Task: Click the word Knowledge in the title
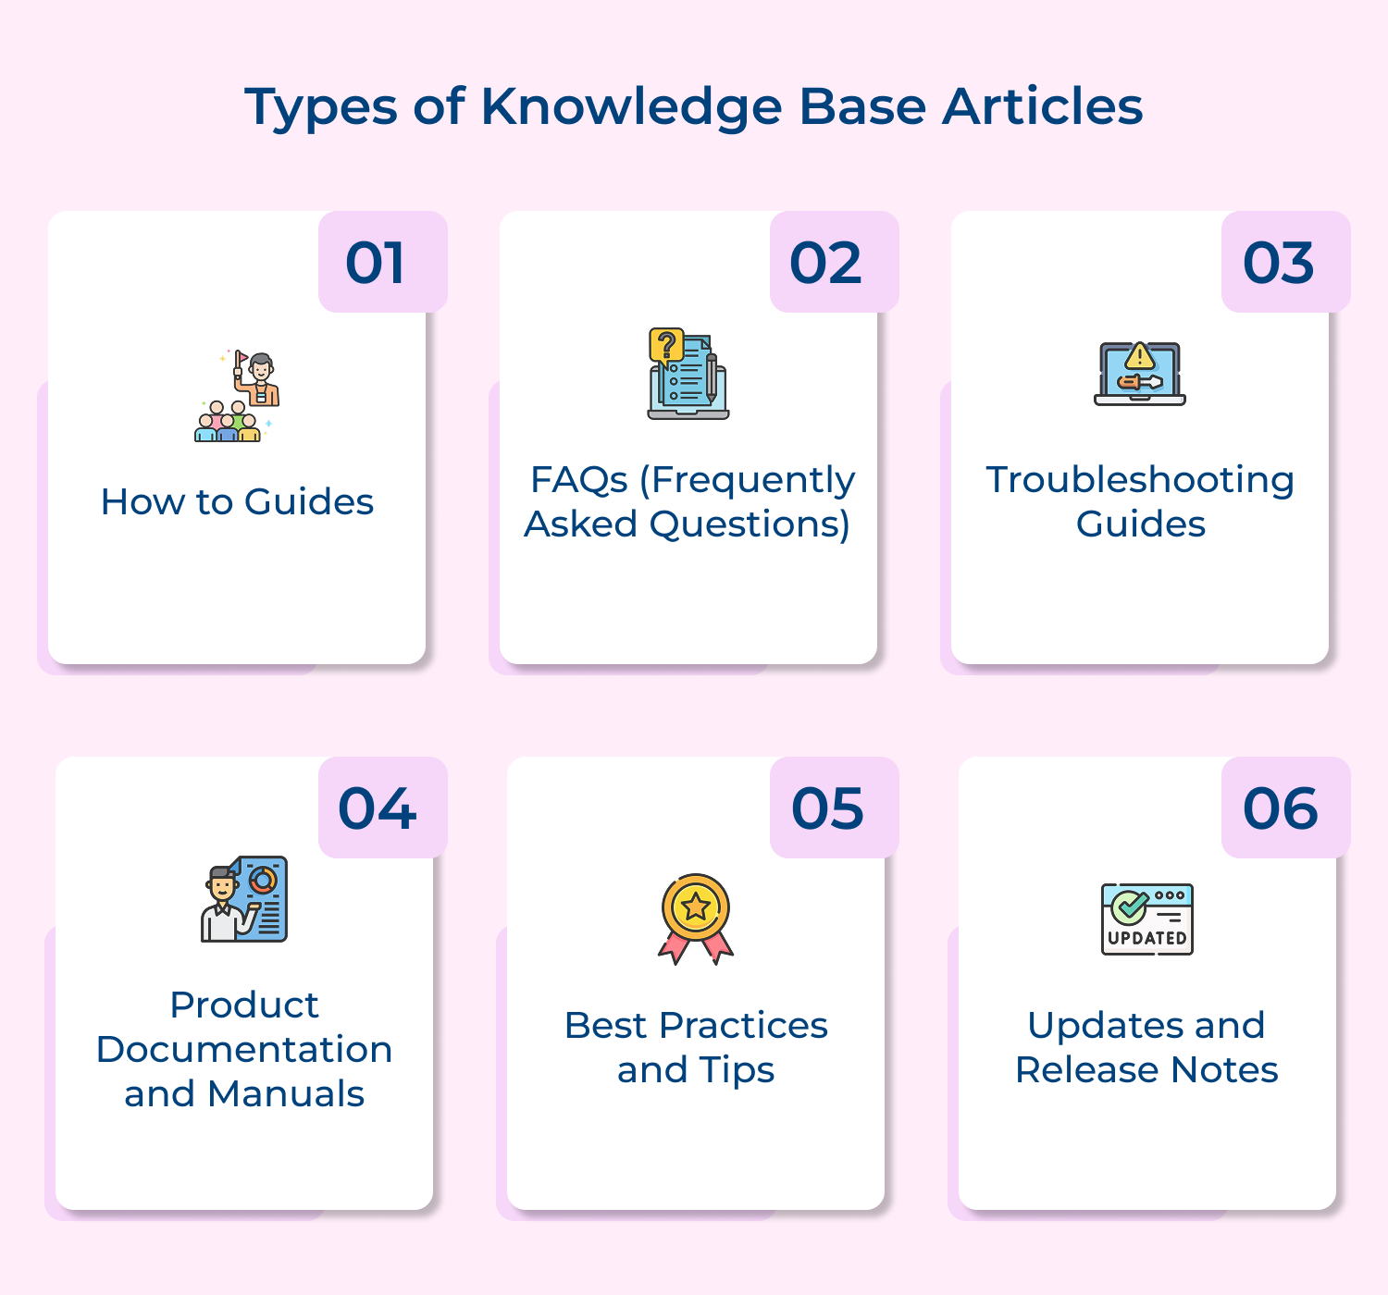point(631,107)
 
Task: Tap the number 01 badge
point(382,263)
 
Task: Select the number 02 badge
point(834,263)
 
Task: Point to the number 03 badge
point(1285,263)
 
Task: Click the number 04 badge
point(382,808)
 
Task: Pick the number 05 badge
point(834,808)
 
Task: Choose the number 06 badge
point(1285,808)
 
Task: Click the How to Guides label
point(237,502)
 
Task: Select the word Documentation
point(244,1050)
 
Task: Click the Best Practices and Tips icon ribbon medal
point(696,919)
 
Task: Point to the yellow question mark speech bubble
point(666,346)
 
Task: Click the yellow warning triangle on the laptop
point(1140,356)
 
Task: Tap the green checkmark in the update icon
point(1129,906)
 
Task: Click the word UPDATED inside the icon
point(1147,938)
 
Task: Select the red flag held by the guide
point(242,357)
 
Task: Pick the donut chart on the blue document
point(263,880)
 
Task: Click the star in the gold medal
point(696,906)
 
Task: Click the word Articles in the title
point(1042,107)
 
